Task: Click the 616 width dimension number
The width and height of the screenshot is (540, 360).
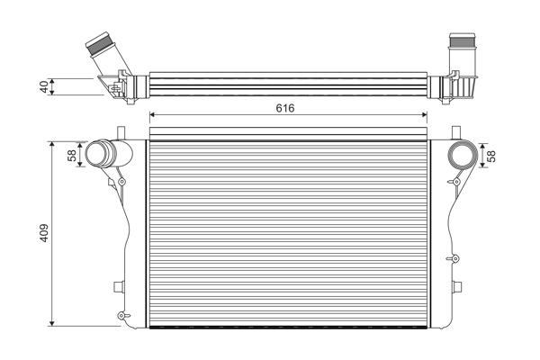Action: pos(286,107)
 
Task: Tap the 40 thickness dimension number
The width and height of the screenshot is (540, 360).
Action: pos(43,86)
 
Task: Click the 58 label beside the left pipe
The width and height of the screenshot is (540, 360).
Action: pos(73,155)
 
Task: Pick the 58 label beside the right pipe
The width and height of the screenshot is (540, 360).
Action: pos(491,155)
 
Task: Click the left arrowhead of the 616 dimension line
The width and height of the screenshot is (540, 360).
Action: pos(151,114)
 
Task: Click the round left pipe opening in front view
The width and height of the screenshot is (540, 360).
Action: pos(96,154)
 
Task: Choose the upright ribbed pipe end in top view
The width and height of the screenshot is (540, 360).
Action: pos(461,43)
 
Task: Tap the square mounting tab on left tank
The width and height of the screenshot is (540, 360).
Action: pos(117,287)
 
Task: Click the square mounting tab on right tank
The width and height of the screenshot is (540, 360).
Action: pos(460,287)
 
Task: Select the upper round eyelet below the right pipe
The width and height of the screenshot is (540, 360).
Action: pos(457,183)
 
